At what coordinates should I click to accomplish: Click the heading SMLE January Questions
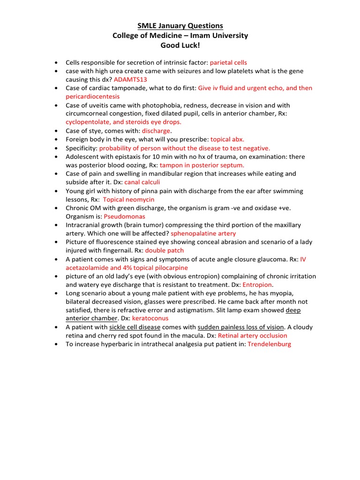click(180, 26)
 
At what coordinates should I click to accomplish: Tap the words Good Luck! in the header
click(180, 45)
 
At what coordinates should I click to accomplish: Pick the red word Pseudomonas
click(124, 217)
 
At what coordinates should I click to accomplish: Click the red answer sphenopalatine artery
click(203, 233)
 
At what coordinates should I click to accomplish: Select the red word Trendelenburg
click(269, 344)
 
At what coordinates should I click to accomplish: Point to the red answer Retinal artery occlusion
click(253, 336)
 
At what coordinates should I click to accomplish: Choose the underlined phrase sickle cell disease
click(135, 327)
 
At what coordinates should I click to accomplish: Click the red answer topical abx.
click(227, 139)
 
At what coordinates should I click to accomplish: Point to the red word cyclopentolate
click(88, 122)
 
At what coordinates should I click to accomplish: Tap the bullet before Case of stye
click(56, 131)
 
